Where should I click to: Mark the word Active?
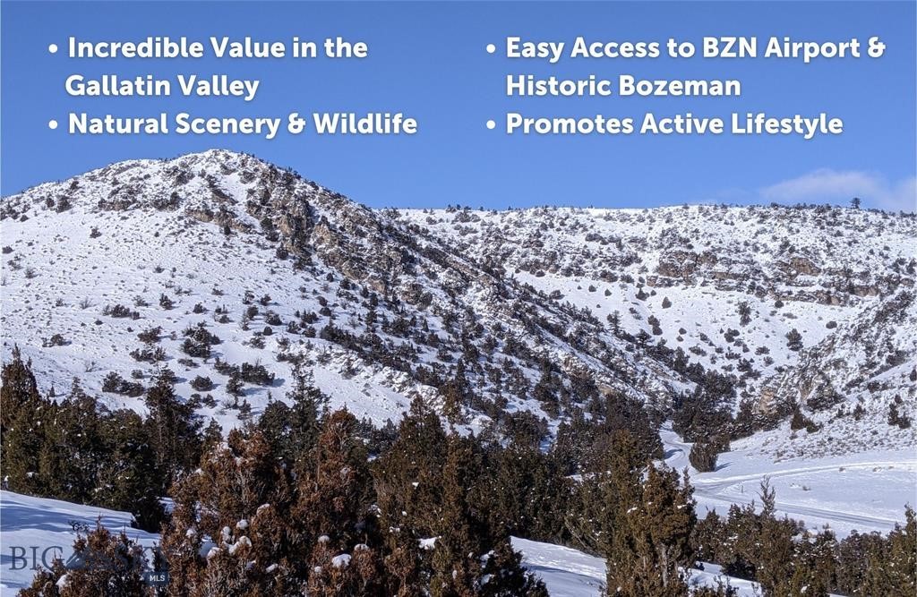point(671,124)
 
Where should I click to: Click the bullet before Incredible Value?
point(54,49)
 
